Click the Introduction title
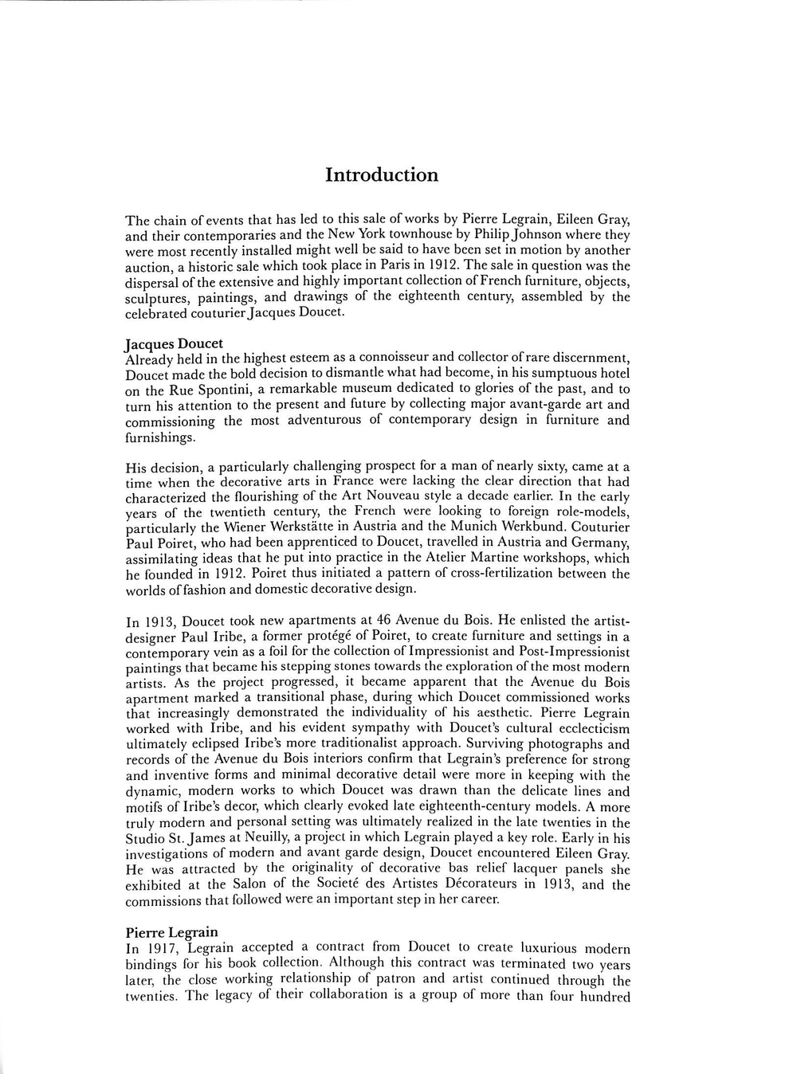click(x=382, y=175)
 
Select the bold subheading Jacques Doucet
click(x=174, y=344)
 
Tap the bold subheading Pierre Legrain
click(x=172, y=932)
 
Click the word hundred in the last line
click(x=605, y=996)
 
